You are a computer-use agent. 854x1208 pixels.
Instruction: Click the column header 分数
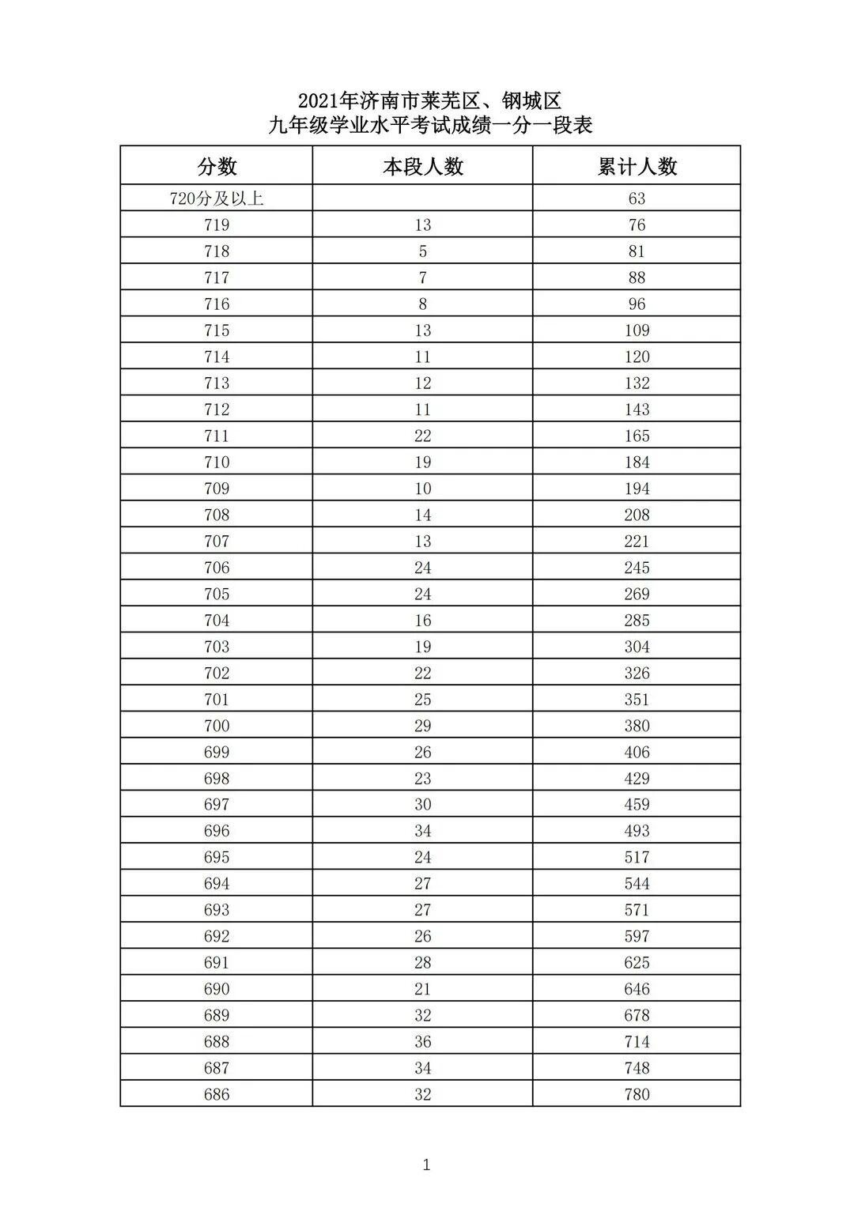[217, 166]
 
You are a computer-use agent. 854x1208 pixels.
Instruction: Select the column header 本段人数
[422, 166]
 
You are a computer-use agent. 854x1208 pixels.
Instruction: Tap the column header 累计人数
[637, 166]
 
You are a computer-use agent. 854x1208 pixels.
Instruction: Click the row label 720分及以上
[217, 198]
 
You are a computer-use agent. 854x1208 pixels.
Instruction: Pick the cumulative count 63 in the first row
[637, 198]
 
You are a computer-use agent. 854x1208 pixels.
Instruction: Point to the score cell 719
[217, 225]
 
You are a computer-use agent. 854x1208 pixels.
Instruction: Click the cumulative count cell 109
[637, 330]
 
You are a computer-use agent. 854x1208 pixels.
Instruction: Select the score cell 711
[217, 436]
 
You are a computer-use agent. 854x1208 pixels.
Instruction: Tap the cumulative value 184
[637, 462]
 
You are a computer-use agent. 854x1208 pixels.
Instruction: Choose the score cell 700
[217, 726]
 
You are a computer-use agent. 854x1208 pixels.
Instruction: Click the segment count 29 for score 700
[422, 726]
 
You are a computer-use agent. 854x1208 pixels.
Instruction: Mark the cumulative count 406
[637, 752]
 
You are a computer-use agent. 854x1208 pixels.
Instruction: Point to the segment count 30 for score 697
[422, 805]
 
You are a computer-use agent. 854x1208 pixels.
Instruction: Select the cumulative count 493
[637, 831]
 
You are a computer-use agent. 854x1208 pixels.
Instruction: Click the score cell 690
[217, 989]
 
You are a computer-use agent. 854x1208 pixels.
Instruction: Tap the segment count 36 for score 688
[422, 1042]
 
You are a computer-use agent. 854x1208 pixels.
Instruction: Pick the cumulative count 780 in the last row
[637, 1094]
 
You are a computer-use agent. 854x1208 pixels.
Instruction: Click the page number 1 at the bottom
[427, 1165]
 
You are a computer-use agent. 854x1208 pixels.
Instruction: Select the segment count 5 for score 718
[422, 251]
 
